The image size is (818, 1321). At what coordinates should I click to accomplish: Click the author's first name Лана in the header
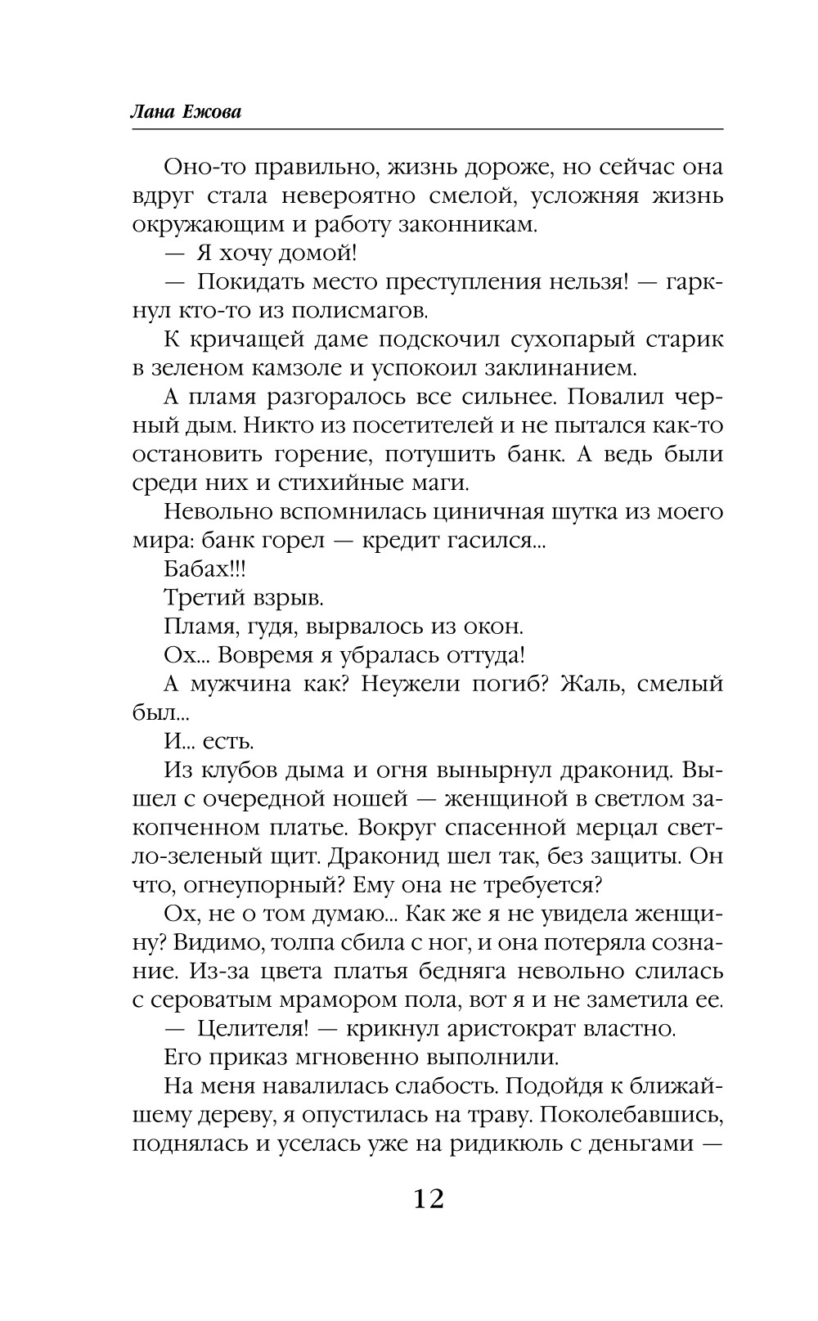152,113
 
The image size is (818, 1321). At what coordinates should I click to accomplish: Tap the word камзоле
300,368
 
